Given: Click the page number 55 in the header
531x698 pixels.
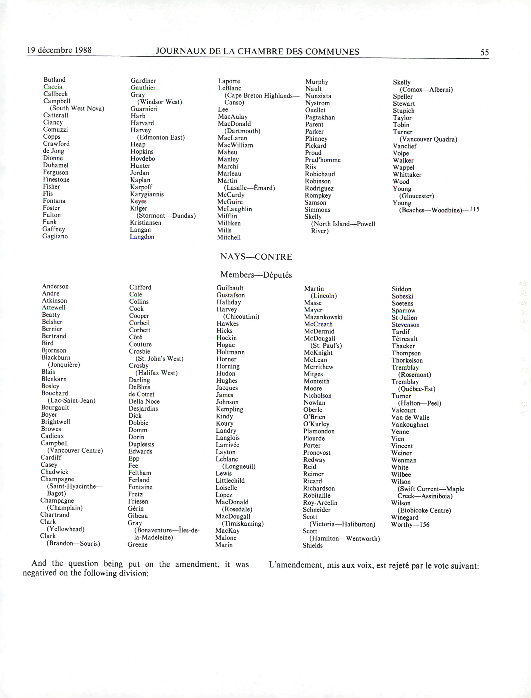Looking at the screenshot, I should [485, 52].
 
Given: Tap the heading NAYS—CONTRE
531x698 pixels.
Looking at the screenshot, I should [256, 257].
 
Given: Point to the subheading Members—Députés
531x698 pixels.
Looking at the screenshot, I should [256, 275].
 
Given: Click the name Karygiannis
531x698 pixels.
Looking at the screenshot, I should [147, 194].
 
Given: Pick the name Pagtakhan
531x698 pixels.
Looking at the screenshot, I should [320, 117].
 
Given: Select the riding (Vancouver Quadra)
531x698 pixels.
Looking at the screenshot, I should [428, 139].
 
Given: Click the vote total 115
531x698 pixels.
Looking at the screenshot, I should [474, 209].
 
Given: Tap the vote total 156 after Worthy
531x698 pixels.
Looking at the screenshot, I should [425, 525].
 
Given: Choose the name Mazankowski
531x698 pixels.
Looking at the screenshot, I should [323, 317].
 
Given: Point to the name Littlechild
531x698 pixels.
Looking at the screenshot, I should [230, 481].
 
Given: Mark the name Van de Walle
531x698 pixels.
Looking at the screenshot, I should [410, 417].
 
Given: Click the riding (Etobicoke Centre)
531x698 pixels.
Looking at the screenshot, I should [424, 510].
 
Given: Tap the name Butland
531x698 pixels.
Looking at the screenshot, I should [55, 80].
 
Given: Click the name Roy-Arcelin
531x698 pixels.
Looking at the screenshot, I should [320, 503].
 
